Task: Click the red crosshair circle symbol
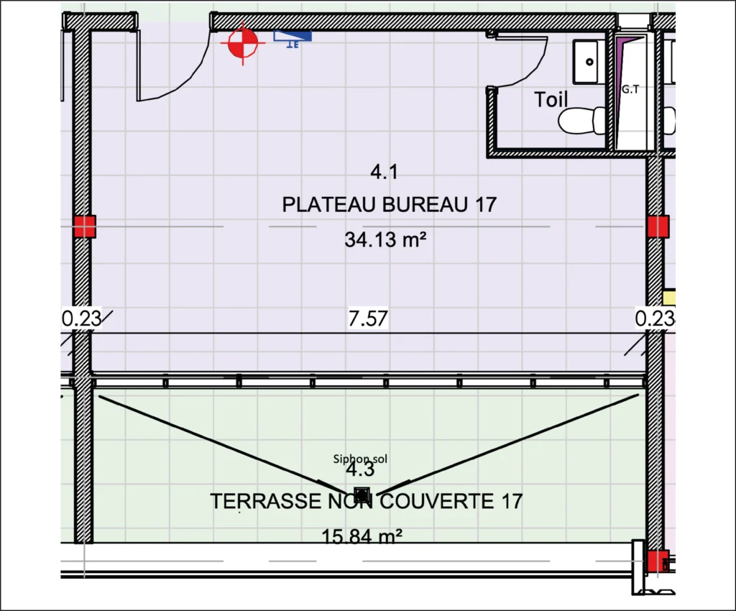tap(243, 44)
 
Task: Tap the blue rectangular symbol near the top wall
tap(293, 36)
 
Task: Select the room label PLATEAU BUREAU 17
tap(389, 205)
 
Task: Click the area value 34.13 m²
tap(385, 240)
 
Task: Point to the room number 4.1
tap(384, 172)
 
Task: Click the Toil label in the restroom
tap(551, 99)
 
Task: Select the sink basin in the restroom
tap(585, 62)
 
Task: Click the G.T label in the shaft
tap(630, 88)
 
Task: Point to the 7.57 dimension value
tap(368, 318)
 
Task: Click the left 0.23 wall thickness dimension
tap(81, 318)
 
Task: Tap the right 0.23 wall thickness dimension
tap(655, 318)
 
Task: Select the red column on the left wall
tap(85, 226)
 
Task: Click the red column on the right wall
tap(658, 226)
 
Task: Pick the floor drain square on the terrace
tap(362, 495)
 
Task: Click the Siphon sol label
tap(360, 459)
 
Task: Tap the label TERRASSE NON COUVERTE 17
tap(366, 501)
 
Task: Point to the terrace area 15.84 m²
tap(362, 536)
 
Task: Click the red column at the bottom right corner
tap(658, 561)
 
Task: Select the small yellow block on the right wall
tap(669, 297)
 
